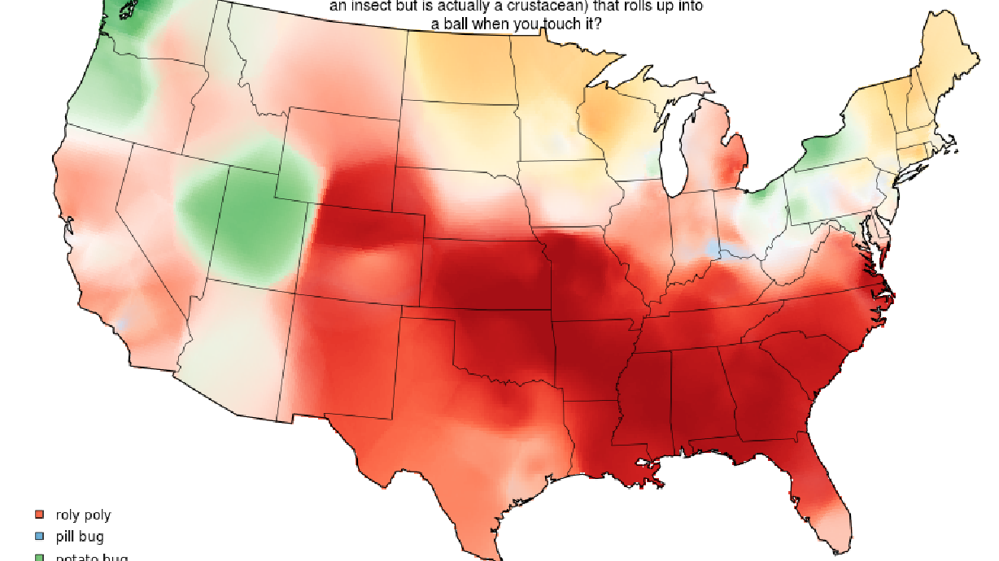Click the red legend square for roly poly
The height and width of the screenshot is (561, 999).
[38, 515]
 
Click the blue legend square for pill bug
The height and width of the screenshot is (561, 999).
[38, 537]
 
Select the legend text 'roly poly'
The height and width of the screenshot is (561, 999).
[83, 515]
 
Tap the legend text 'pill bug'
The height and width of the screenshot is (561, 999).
[80, 537]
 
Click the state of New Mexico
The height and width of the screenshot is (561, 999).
[342, 358]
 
